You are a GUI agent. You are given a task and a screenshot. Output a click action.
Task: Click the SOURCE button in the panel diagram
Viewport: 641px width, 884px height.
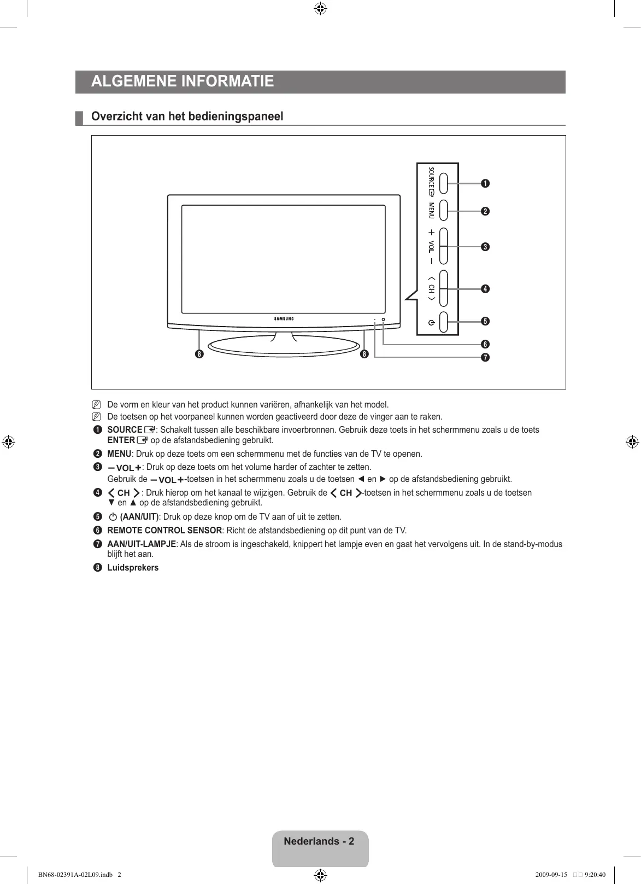[x=443, y=183]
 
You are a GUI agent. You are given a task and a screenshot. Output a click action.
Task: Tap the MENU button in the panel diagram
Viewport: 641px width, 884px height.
[x=443, y=211]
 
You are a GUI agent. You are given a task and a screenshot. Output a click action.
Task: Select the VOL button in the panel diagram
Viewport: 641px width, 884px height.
[x=443, y=247]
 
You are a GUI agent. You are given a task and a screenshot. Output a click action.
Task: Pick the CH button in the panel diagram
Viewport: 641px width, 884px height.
[x=443, y=288]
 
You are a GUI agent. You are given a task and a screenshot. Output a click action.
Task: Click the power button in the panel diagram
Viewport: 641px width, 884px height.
[x=443, y=321]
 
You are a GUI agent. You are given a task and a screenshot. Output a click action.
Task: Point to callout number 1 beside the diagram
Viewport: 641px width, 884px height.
[x=485, y=183]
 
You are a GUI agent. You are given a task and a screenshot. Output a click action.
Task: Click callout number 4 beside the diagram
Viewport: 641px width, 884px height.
[x=485, y=288]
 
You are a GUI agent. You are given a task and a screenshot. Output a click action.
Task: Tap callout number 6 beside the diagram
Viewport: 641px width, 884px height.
[x=485, y=344]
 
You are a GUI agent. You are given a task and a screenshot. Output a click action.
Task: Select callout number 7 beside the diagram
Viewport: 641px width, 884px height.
[x=485, y=358]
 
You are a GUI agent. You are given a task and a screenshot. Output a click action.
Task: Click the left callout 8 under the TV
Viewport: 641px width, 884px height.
[x=199, y=354]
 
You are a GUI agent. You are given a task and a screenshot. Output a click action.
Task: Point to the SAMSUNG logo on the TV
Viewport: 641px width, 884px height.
[x=284, y=319]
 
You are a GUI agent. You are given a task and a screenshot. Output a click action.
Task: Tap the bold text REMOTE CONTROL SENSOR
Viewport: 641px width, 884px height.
[x=164, y=531]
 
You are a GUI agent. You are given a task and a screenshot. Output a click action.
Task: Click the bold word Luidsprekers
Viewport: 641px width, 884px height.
[x=133, y=568]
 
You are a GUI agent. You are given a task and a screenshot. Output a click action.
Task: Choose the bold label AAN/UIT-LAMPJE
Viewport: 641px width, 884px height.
[x=142, y=544]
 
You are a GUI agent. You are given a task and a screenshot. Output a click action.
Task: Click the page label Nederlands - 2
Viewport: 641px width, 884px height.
[x=319, y=841]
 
